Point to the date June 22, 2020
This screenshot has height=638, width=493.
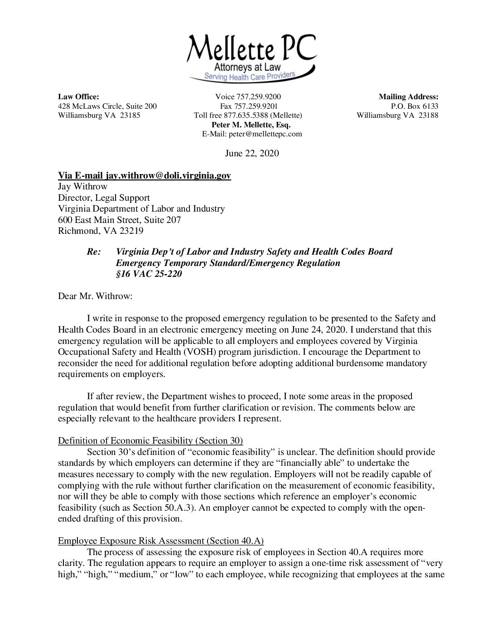click(252, 153)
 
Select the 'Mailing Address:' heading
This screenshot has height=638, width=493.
click(408, 97)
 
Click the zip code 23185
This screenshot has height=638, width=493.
click(130, 115)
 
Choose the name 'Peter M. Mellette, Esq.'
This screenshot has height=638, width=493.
click(251, 125)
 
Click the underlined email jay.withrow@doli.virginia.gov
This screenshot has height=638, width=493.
click(168, 175)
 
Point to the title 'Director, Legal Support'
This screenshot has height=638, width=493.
click(104, 198)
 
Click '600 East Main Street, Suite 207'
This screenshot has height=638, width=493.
click(120, 220)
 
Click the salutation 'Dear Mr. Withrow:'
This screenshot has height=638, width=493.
click(92, 296)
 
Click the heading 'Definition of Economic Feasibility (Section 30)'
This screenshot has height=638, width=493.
click(150, 440)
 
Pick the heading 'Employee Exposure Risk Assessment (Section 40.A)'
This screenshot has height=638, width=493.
click(161, 541)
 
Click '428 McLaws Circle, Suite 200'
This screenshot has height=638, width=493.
click(107, 106)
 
